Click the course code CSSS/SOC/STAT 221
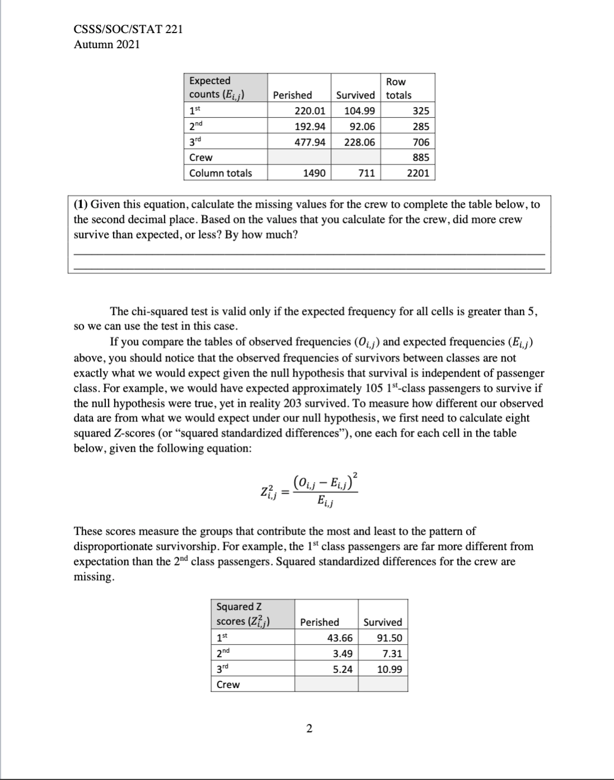[x=128, y=30]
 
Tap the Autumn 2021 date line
[x=107, y=45]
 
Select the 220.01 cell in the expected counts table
[x=310, y=110]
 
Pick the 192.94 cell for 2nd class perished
[x=310, y=126]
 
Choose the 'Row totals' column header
[x=398, y=89]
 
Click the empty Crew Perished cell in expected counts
[x=299, y=157]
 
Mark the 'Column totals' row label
[x=221, y=173]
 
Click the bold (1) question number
[x=81, y=204]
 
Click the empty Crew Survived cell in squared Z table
[x=383, y=684]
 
